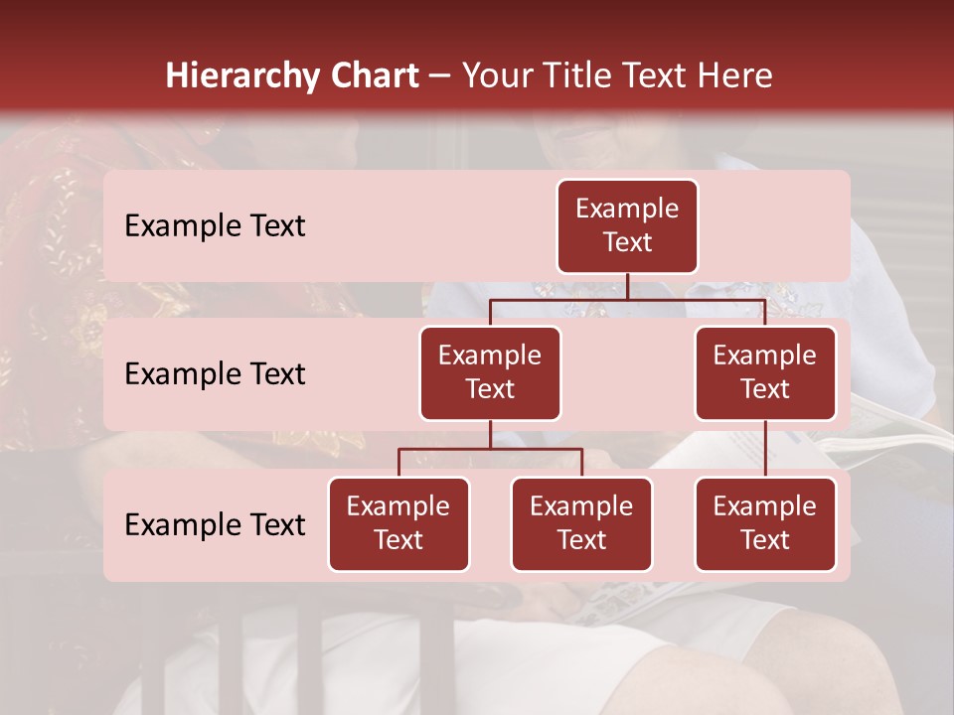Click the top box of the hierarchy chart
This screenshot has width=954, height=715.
point(627,226)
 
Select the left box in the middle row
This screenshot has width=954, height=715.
point(490,373)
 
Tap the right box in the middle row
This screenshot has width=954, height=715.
point(765,373)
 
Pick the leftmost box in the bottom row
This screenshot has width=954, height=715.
point(398,524)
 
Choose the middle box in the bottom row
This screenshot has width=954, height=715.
point(581,524)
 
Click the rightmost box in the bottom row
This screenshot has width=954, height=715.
point(765,524)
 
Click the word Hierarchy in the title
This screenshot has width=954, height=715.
point(241,75)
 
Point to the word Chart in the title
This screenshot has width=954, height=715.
point(373,75)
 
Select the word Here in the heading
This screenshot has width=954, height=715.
point(735,75)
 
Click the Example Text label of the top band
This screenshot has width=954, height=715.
point(215,226)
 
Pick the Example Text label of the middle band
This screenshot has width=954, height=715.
point(215,374)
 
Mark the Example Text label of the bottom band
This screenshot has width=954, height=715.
point(215,525)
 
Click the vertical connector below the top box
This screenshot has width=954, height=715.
point(627,286)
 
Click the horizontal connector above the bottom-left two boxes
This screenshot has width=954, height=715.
point(490,450)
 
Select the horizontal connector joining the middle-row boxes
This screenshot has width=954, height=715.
point(627,299)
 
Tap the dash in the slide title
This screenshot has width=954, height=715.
point(440,76)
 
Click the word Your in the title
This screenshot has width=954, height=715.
point(494,75)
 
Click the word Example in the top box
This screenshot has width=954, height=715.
point(627,209)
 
